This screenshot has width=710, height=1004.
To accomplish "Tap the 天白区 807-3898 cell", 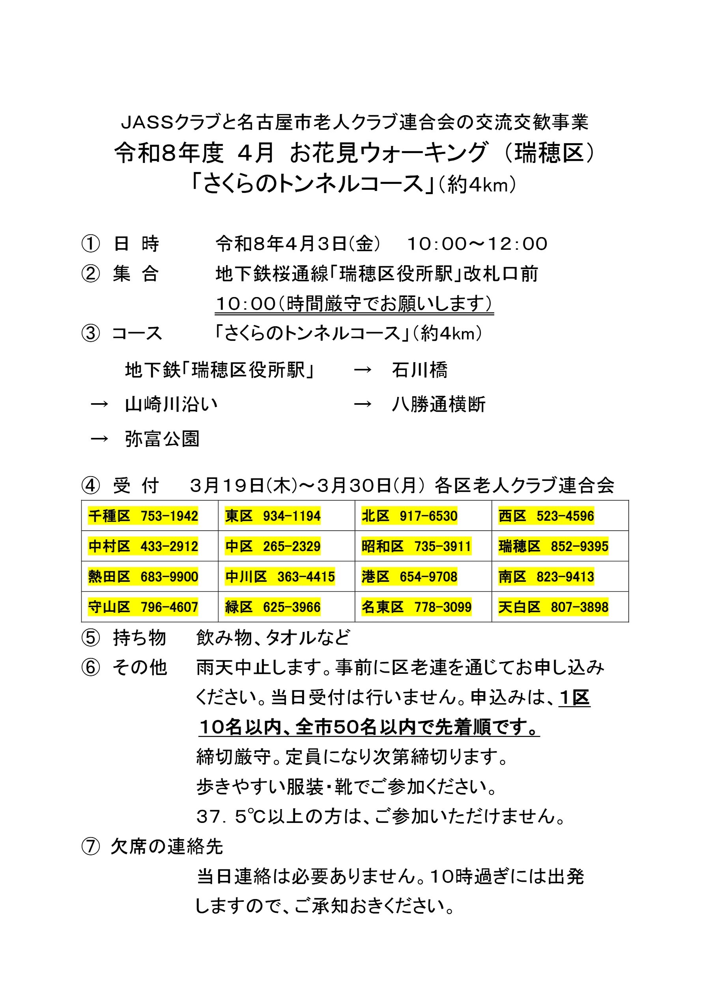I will pyautogui.click(x=553, y=607).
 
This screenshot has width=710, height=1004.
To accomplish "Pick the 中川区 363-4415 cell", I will pyautogui.click(x=280, y=577).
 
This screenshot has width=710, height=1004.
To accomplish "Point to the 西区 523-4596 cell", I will pyautogui.click(x=546, y=516).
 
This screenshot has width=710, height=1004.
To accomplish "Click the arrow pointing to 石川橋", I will pyautogui.click(x=362, y=370).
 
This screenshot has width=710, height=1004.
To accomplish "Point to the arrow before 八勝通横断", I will pyautogui.click(x=362, y=404).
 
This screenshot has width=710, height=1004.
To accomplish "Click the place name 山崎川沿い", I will pyautogui.click(x=171, y=404).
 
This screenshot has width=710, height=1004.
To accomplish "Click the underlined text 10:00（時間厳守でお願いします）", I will pyautogui.click(x=354, y=304).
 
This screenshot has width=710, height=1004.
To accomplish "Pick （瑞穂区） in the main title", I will pyautogui.click(x=549, y=153).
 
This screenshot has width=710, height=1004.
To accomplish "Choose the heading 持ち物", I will pyautogui.click(x=140, y=638).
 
